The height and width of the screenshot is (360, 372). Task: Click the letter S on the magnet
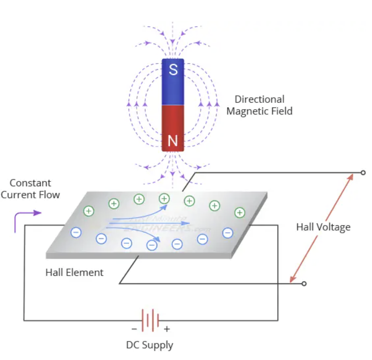(173, 69)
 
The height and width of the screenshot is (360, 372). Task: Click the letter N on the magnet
(173, 140)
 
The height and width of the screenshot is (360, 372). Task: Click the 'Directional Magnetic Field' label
(259, 105)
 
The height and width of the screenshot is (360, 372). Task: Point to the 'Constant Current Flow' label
(30, 189)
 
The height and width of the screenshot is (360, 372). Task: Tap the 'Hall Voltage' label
(323, 227)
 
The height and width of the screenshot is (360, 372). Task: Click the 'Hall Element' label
(74, 272)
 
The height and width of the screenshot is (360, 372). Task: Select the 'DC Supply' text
(150, 345)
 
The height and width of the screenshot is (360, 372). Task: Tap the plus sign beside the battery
(167, 329)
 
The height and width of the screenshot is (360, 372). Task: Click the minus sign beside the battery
(134, 329)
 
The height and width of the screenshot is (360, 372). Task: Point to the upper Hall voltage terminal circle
(363, 173)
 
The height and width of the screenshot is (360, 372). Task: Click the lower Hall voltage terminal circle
(304, 284)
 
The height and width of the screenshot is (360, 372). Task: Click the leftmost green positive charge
(89, 211)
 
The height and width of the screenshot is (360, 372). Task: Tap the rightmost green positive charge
(239, 212)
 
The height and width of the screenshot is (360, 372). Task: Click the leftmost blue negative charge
(76, 232)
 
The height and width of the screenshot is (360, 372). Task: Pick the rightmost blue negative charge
(228, 233)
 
